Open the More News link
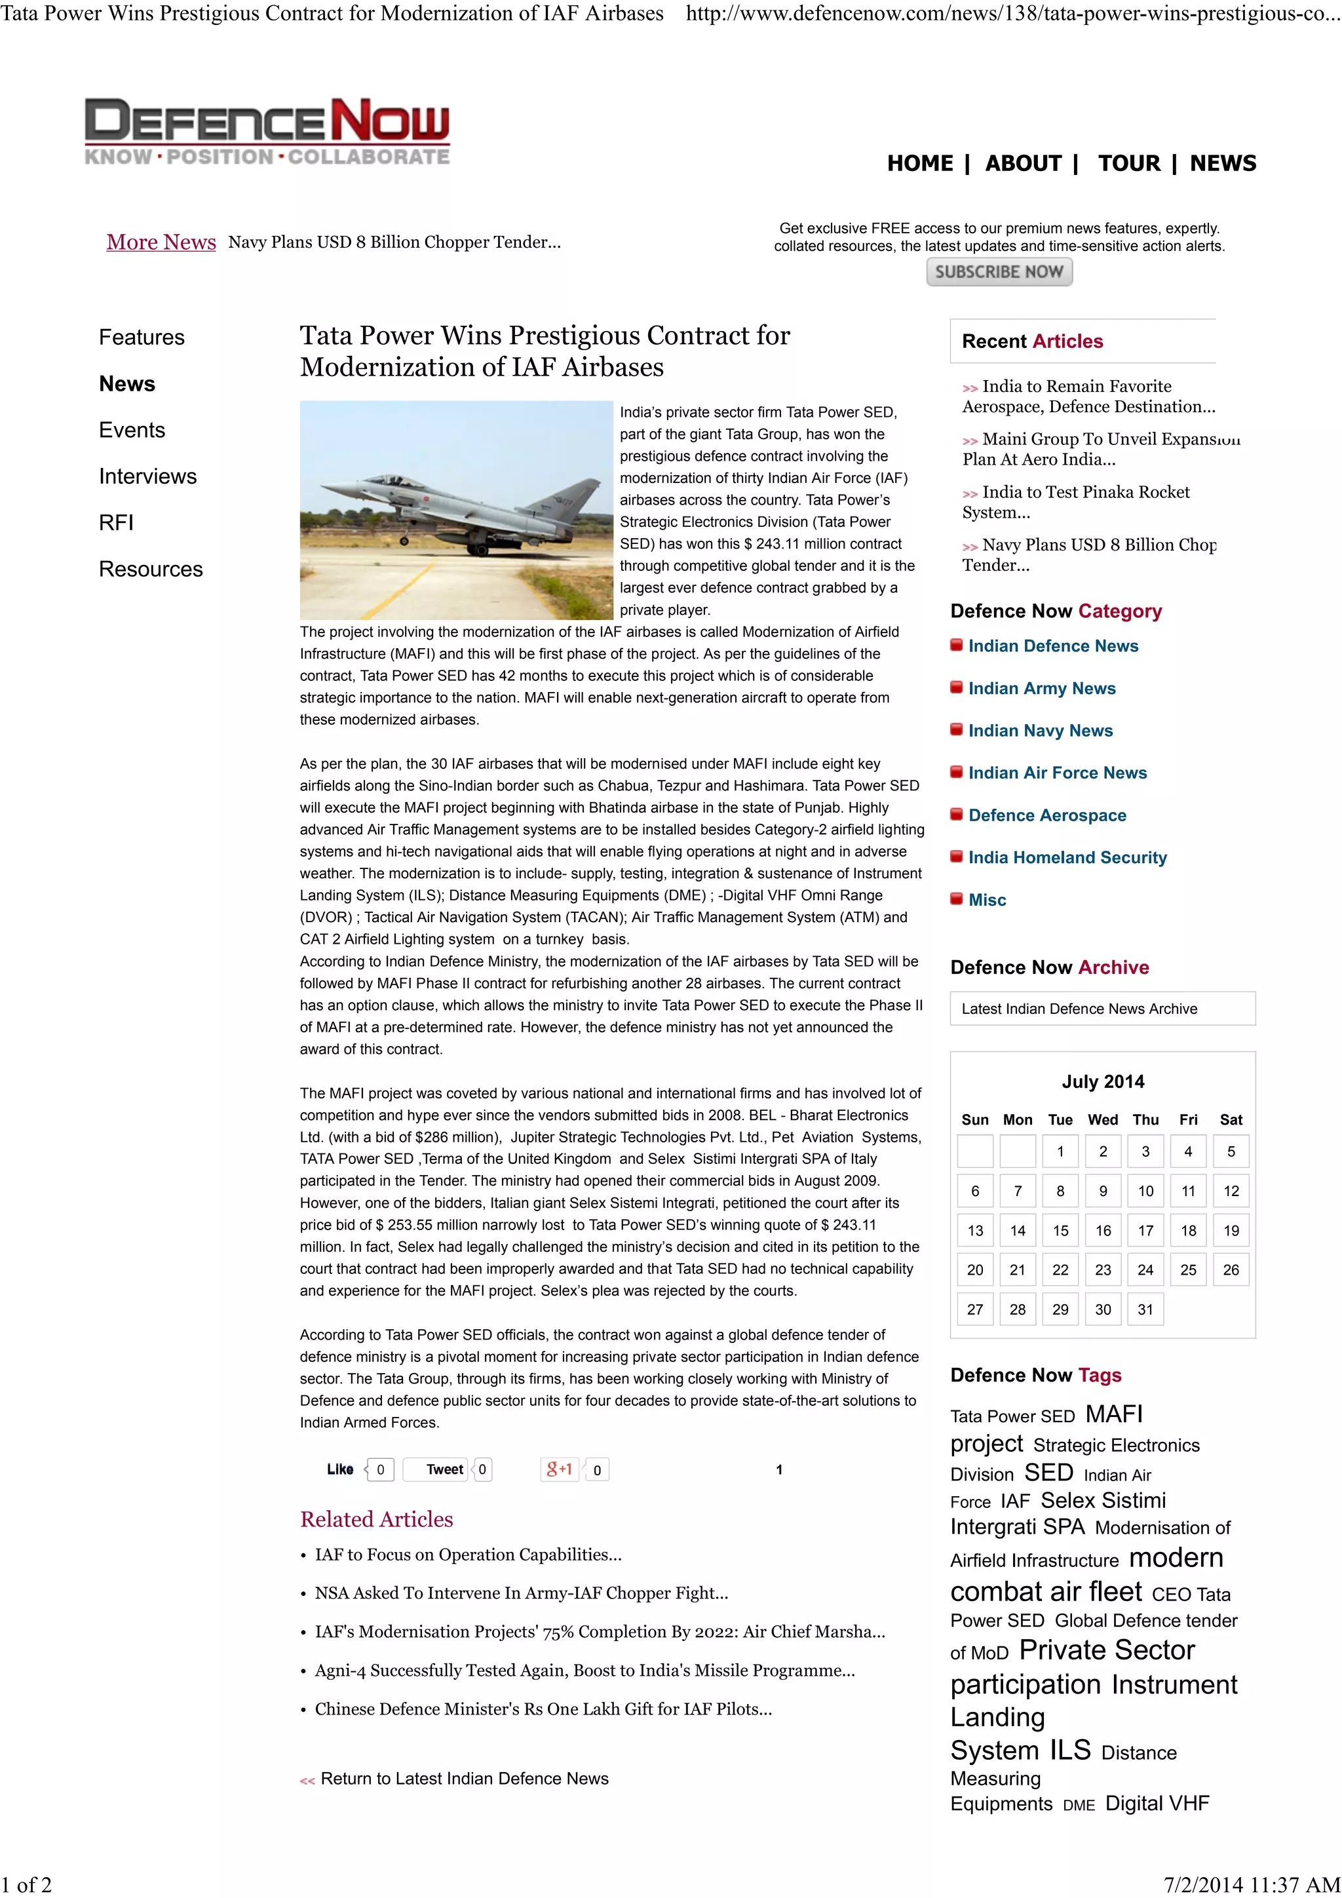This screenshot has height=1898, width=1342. coord(161,242)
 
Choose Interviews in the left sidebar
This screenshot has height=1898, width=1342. coord(148,476)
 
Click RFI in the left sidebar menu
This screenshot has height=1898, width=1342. coord(116,522)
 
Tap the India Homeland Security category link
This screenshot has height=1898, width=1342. coord(1067,857)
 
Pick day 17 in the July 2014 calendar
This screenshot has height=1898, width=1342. coord(1145,1230)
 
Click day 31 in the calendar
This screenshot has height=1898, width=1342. coord(1145,1309)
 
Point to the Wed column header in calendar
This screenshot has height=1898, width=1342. coord(1102,1119)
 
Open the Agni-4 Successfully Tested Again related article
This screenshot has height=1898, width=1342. coord(585,1670)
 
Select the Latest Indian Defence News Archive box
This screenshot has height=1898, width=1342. coord(1102,1009)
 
